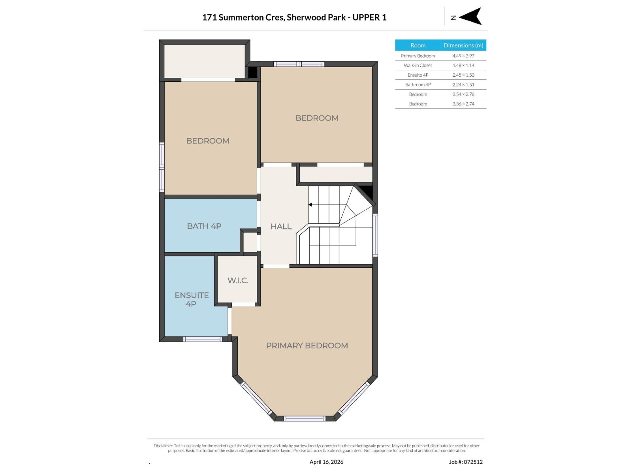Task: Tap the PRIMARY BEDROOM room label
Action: pyautogui.click(x=307, y=346)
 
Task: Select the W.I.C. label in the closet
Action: pyautogui.click(x=238, y=280)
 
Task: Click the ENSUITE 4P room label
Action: pyautogui.click(x=192, y=299)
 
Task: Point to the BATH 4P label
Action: pyautogui.click(x=204, y=226)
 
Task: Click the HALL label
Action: pyautogui.click(x=281, y=226)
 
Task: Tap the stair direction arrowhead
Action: pyautogui.click(x=310, y=205)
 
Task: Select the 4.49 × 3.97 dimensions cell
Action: pyautogui.click(x=463, y=56)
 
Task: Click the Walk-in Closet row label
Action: pyautogui.click(x=418, y=65)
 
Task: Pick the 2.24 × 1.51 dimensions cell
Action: pyautogui.click(x=463, y=85)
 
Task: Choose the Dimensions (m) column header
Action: pyautogui.click(x=463, y=45)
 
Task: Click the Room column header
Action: pyautogui.click(x=418, y=45)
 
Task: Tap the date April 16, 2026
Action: pyautogui.click(x=326, y=462)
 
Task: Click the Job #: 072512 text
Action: pyautogui.click(x=466, y=462)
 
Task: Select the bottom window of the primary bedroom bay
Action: pyautogui.click(x=305, y=419)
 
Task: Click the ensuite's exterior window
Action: pyautogui.click(x=203, y=339)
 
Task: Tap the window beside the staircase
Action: pyautogui.click(x=375, y=235)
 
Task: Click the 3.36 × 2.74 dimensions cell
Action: pyautogui.click(x=463, y=104)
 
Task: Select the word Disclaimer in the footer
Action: pyautogui.click(x=163, y=446)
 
